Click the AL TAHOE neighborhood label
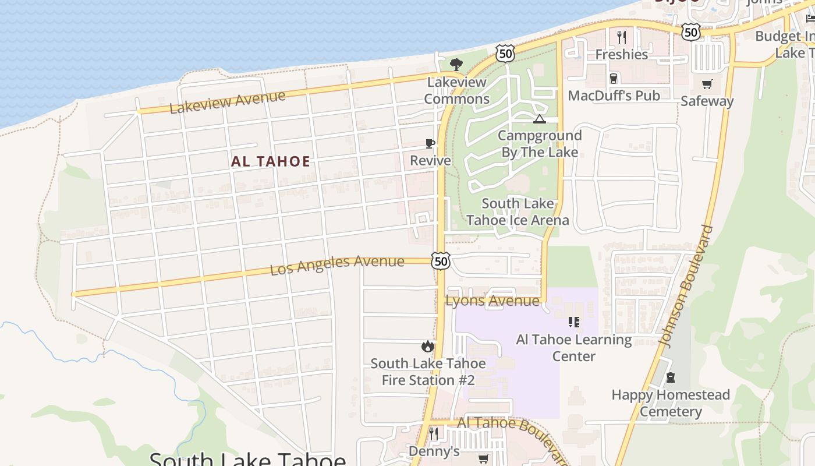click(x=271, y=161)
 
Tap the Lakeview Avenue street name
click(x=228, y=102)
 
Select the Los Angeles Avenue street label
click(x=337, y=265)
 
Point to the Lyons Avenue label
click(x=492, y=301)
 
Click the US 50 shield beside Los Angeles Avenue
click(x=441, y=260)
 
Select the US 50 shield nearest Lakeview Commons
click(x=505, y=54)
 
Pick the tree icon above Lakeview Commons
click(x=456, y=64)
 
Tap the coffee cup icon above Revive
click(x=430, y=143)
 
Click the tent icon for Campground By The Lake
click(x=539, y=119)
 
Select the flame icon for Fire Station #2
click(x=428, y=347)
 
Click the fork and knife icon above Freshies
click(x=622, y=37)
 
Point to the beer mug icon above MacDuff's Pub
click(x=613, y=79)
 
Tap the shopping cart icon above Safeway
click(x=707, y=84)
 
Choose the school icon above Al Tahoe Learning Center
click(x=574, y=322)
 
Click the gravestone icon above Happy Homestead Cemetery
click(x=670, y=378)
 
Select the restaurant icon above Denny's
click(x=434, y=434)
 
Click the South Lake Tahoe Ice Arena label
click(x=518, y=212)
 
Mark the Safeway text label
click(x=707, y=101)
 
